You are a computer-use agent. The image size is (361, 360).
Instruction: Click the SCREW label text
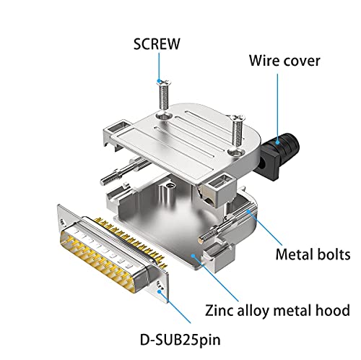click(157, 44)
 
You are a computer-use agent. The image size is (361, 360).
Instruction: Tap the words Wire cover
click(284, 61)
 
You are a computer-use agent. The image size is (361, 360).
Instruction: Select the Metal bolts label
click(313, 254)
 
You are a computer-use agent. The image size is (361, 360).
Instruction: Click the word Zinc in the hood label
click(219, 310)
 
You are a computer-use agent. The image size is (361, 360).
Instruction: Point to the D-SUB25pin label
click(180, 340)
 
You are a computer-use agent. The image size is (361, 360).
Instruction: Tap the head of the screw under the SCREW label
click(164, 82)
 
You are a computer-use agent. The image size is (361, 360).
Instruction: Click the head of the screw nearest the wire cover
click(238, 118)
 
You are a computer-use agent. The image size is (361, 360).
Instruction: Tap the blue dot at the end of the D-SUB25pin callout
click(160, 291)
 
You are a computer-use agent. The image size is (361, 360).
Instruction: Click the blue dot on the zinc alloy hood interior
click(193, 256)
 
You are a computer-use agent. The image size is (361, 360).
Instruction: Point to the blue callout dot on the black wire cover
click(278, 142)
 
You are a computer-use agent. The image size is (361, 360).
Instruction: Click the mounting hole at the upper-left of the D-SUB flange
click(64, 222)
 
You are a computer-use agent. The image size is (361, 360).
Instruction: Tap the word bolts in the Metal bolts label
click(334, 254)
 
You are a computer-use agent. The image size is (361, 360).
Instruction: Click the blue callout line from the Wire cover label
click(277, 107)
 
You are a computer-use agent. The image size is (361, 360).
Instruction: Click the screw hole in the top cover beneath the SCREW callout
click(165, 116)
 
